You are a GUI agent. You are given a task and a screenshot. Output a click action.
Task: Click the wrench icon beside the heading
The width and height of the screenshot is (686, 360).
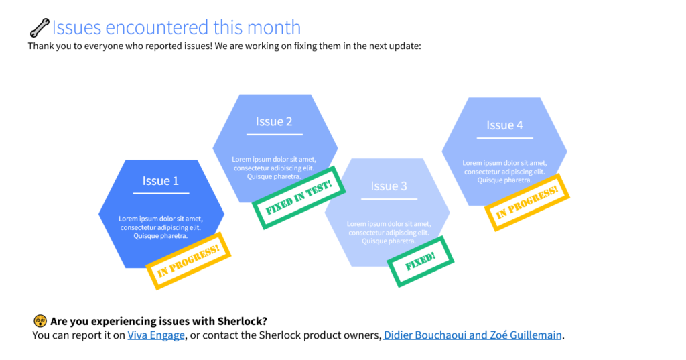(x=40, y=27)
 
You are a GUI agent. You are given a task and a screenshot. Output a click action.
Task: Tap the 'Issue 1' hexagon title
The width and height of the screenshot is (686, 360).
(x=161, y=181)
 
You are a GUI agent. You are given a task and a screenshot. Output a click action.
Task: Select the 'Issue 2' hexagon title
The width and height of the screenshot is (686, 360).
(x=274, y=121)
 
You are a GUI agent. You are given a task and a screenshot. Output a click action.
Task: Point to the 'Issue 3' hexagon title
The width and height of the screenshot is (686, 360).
(x=389, y=186)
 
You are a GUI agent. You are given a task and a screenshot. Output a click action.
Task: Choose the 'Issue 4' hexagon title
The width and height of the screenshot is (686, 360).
(x=504, y=125)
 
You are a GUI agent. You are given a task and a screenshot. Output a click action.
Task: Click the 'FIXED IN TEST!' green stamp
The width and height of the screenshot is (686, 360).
(x=299, y=198)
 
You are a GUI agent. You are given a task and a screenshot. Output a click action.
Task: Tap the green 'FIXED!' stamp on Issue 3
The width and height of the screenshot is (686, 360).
(x=421, y=261)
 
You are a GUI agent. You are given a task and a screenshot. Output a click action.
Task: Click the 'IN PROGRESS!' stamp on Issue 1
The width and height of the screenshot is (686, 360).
(x=188, y=261)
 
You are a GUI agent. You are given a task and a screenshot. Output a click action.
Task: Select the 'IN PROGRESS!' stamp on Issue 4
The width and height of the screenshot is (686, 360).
(x=527, y=202)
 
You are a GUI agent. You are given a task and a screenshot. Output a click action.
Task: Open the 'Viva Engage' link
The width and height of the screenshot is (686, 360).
(x=155, y=335)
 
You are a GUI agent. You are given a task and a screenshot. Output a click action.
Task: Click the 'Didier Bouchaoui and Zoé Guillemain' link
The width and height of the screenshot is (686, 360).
(x=472, y=335)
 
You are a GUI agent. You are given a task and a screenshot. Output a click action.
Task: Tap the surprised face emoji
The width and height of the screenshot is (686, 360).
(x=40, y=321)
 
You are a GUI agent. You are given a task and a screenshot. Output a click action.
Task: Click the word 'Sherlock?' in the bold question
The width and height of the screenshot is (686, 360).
(x=243, y=322)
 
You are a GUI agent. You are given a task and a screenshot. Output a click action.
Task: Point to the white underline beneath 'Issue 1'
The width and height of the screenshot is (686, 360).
(x=161, y=193)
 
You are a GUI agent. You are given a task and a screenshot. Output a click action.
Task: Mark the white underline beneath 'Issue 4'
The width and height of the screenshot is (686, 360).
(x=505, y=138)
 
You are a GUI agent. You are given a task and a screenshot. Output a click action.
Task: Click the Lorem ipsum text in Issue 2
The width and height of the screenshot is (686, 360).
(x=274, y=168)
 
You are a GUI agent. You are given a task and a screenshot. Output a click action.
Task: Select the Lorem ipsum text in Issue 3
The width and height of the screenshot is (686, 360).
(x=389, y=233)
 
